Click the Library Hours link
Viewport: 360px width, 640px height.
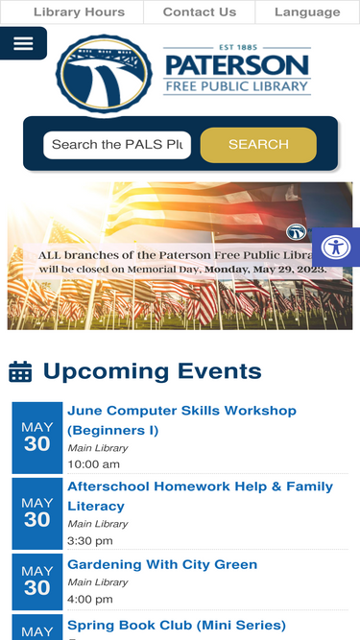pos(79,12)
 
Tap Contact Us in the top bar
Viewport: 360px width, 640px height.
pos(199,12)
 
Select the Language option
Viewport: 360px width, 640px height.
pos(307,12)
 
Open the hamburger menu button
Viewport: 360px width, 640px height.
pos(23,43)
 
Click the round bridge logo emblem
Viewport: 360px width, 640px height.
pos(104,75)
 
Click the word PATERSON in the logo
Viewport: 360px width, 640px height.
pos(237,65)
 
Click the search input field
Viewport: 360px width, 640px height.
pos(117,145)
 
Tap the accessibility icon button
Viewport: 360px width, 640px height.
pos(335,247)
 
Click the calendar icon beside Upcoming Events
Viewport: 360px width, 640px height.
pos(20,371)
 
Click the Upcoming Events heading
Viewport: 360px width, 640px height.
pos(152,371)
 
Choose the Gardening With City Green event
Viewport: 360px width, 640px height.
pos(162,564)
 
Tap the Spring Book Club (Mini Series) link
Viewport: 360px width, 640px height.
pos(177,626)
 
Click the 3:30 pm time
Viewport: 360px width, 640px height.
pos(89,541)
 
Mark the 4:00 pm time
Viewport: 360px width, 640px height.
pos(89,600)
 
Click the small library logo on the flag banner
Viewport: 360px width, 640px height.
pos(296,231)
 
